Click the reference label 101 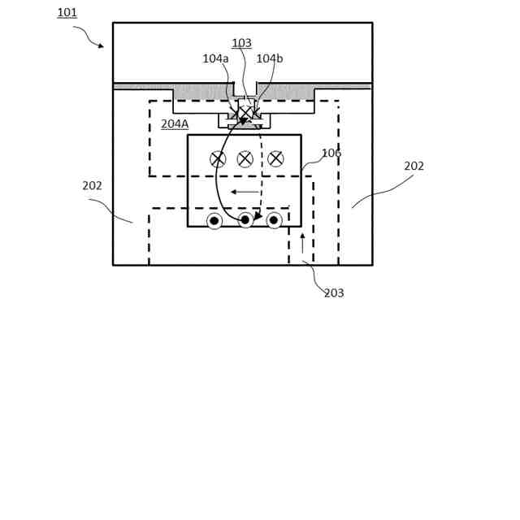(67, 13)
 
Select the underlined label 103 (241, 44)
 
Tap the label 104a (215, 59)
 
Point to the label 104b (269, 59)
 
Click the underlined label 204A (175, 124)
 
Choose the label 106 (331, 154)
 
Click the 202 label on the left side (93, 186)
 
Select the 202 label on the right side (414, 167)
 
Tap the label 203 (334, 293)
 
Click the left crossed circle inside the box (218, 159)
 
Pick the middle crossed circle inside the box (245, 159)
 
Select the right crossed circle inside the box (275, 158)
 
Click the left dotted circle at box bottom (214, 221)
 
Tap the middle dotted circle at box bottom (245, 220)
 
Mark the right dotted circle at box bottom (274, 220)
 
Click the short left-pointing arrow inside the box (245, 192)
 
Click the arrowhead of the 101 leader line (101, 46)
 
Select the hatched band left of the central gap (203, 91)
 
